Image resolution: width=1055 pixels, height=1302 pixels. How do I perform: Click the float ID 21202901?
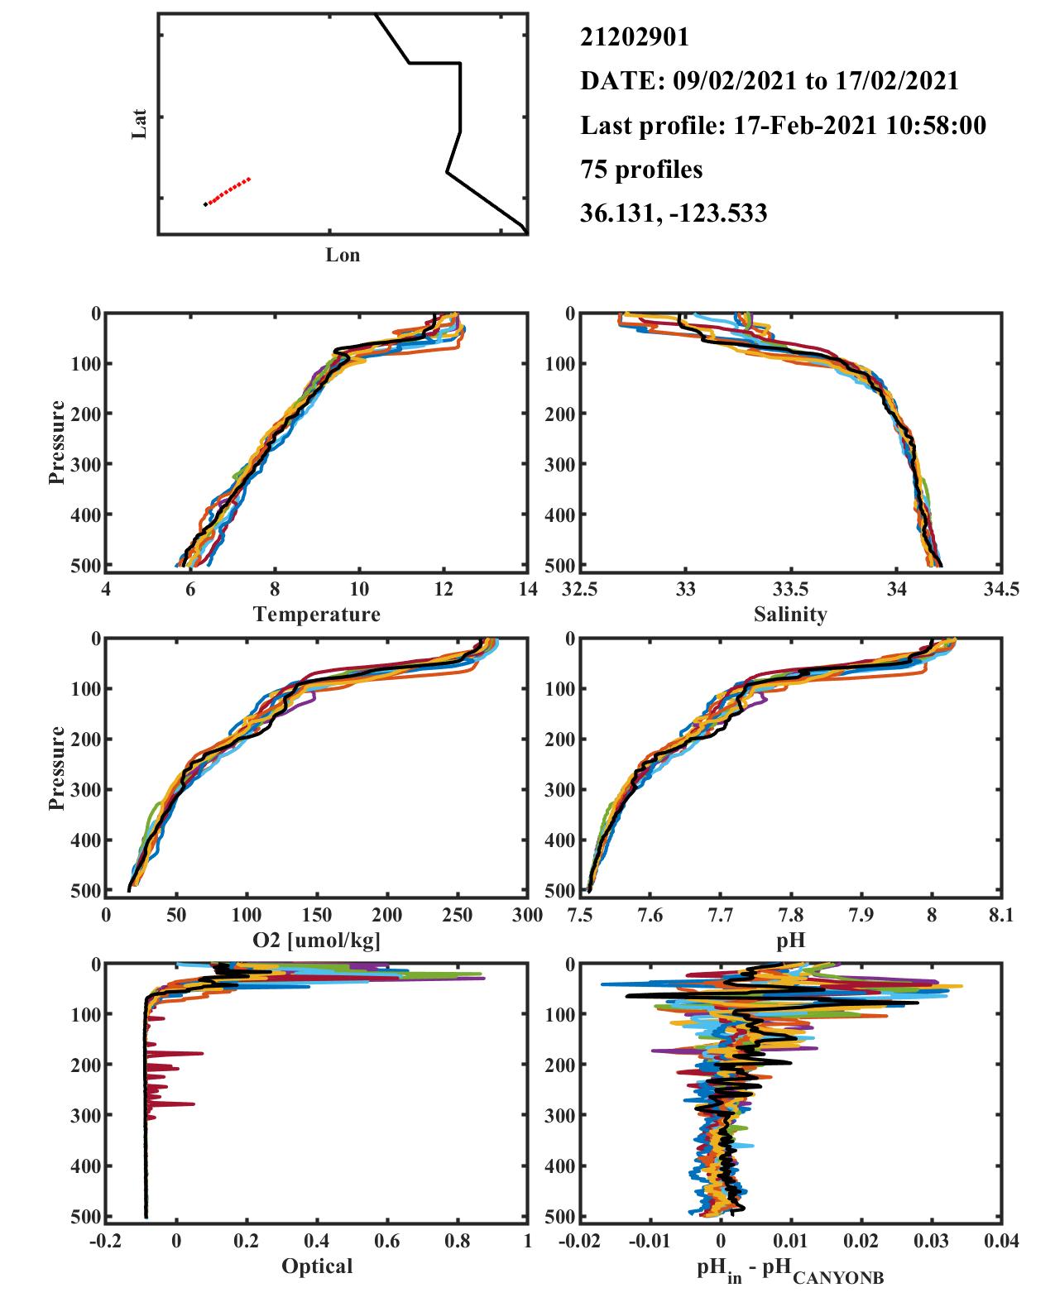[634, 37]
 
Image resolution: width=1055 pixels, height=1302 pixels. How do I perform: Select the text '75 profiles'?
[641, 170]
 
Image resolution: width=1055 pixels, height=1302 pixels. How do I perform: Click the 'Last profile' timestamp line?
[783, 125]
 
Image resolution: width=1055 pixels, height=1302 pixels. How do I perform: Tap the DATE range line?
[769, 81]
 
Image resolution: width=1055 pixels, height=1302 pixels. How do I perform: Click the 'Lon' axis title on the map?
[343, 254]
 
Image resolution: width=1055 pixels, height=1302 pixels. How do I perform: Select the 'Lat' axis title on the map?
[139, 123]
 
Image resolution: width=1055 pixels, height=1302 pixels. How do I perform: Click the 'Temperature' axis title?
[317, 614]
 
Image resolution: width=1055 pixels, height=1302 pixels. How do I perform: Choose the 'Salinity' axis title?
[790, 614]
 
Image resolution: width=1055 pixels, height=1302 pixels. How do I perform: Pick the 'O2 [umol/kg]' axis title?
[317, 941]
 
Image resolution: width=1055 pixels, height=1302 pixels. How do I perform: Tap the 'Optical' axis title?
[317, 1266]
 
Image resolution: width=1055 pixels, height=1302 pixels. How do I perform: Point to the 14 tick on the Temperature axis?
[528, 589]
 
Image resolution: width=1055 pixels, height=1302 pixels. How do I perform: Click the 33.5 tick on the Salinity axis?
[790, 589]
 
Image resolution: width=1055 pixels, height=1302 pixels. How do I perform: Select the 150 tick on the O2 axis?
[317, 915]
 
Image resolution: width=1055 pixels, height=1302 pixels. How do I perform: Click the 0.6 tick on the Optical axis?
[387, 1241]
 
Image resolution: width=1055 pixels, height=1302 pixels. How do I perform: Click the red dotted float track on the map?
[228, 191]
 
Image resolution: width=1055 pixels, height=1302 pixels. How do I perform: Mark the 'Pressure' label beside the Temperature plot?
[57, 442]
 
